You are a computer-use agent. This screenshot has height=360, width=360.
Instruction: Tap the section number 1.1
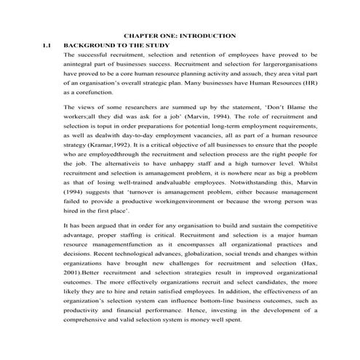point(49,45)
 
